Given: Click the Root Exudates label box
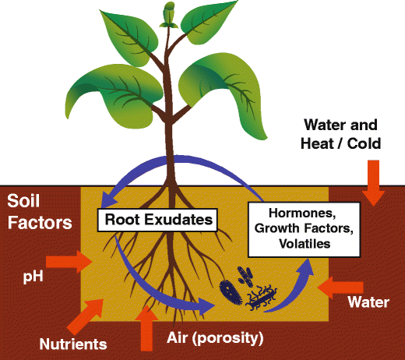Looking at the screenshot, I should pyautogui.click(x=156, y=220).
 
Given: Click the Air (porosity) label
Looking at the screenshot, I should pyautogui.click(x=215, y=338).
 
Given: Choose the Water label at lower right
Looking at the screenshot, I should pyautogui.click(x=368, y=302).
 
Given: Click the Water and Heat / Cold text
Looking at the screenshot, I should pyautogui.click(x=340, y=134).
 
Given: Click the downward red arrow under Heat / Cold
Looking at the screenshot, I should pyautogui.click(x=372, y=185).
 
